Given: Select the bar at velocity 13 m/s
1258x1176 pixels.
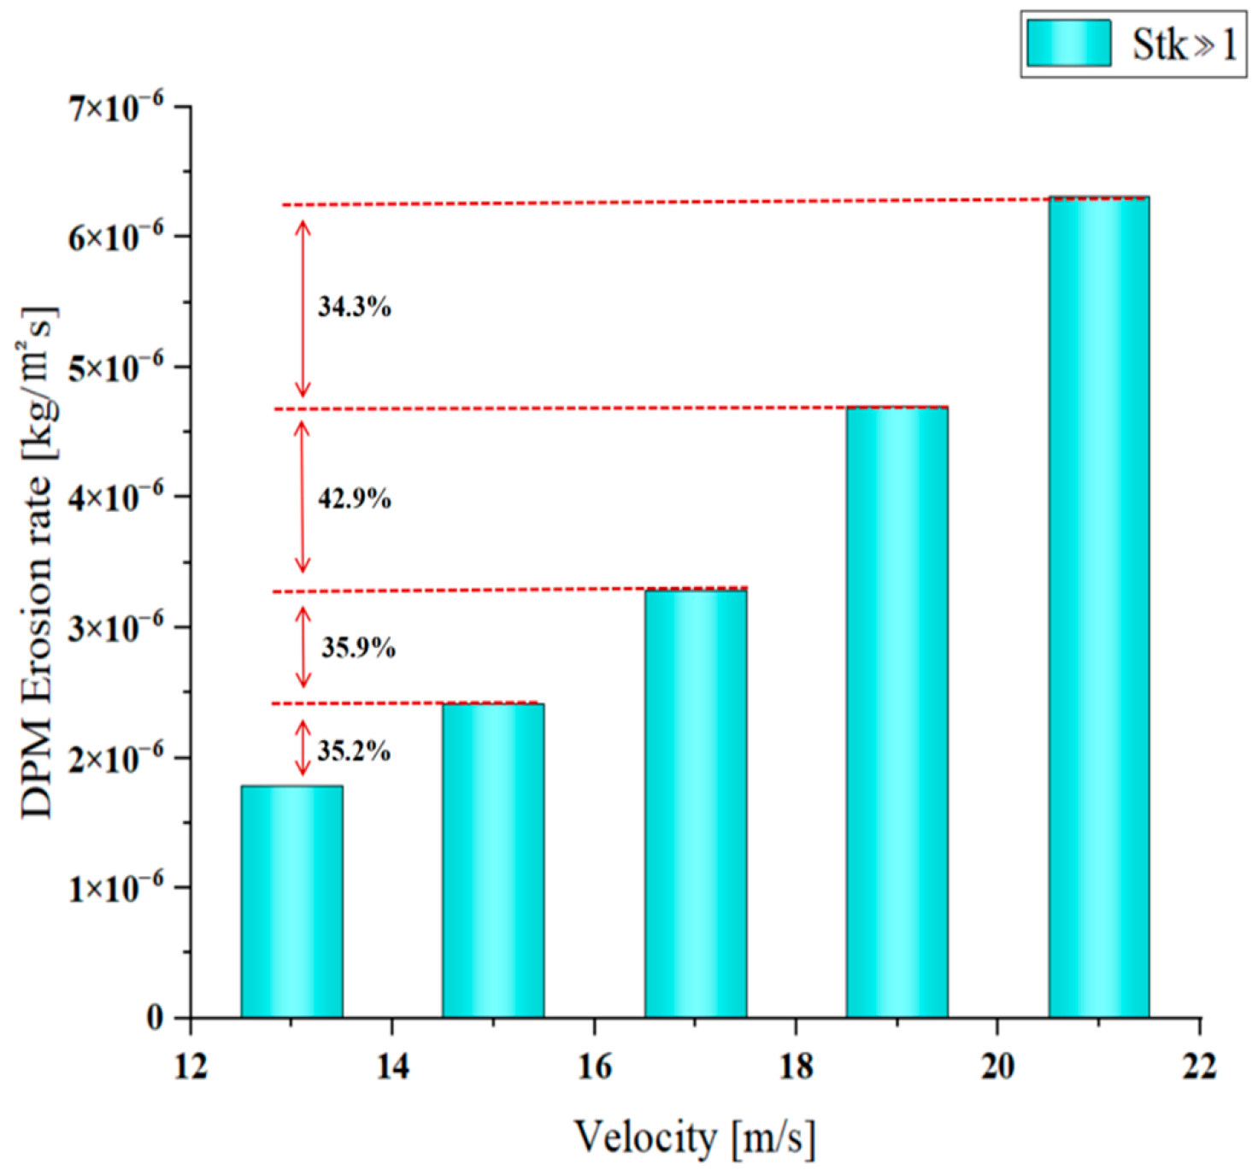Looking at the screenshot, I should [291, 902].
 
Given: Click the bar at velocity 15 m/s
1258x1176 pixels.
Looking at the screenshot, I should [493, 861].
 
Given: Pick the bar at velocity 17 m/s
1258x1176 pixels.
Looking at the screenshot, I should [696, 803].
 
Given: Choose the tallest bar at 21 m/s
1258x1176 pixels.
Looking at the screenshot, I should [1099, 607].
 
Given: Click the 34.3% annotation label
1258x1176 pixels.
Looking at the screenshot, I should [355, 307].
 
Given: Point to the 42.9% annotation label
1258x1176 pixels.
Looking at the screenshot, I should [355, 498].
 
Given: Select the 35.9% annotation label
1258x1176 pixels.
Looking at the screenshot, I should [358, 648].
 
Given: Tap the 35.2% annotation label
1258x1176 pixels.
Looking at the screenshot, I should [354, 751].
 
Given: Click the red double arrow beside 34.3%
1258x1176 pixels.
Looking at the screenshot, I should [303, 309].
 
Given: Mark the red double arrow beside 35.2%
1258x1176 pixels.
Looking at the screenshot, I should [303, 748].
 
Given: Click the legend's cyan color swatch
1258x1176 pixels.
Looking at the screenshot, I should [1068, 44].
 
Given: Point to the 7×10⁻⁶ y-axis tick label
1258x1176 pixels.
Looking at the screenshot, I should [116, 108].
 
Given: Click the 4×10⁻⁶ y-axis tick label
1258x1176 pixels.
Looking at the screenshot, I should [116, 497].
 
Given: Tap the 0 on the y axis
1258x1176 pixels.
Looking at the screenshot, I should [155, 1018].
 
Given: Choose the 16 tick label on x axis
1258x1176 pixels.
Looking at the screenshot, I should [594, 1066].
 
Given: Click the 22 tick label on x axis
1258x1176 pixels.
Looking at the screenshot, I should [1199, 1066].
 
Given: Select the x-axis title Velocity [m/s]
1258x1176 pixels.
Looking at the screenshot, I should [695, 1138].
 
